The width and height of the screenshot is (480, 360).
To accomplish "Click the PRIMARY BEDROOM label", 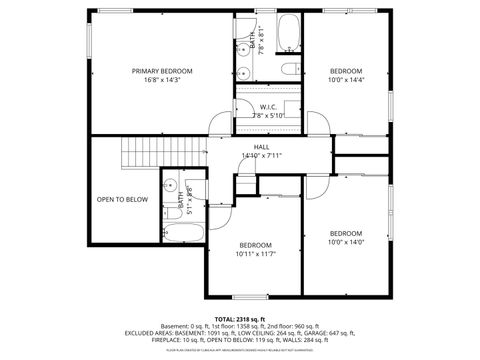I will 162,72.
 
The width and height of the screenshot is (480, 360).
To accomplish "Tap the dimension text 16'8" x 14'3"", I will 162,81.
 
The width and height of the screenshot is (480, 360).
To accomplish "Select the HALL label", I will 261,147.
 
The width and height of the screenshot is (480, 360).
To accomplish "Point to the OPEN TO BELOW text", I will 122,199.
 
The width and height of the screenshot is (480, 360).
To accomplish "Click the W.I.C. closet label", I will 268,107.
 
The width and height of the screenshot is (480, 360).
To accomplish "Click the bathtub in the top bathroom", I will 288,35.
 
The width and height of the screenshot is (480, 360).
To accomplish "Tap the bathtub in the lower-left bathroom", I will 183,233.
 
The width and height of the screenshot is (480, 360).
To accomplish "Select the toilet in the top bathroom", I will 289,69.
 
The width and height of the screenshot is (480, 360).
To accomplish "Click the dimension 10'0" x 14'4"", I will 346,81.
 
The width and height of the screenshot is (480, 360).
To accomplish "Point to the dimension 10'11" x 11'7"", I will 255,254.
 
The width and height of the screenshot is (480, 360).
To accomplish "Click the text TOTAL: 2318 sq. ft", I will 236,316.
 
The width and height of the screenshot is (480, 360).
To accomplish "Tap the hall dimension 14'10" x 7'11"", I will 261,156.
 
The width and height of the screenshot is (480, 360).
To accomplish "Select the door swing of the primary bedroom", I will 219,125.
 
